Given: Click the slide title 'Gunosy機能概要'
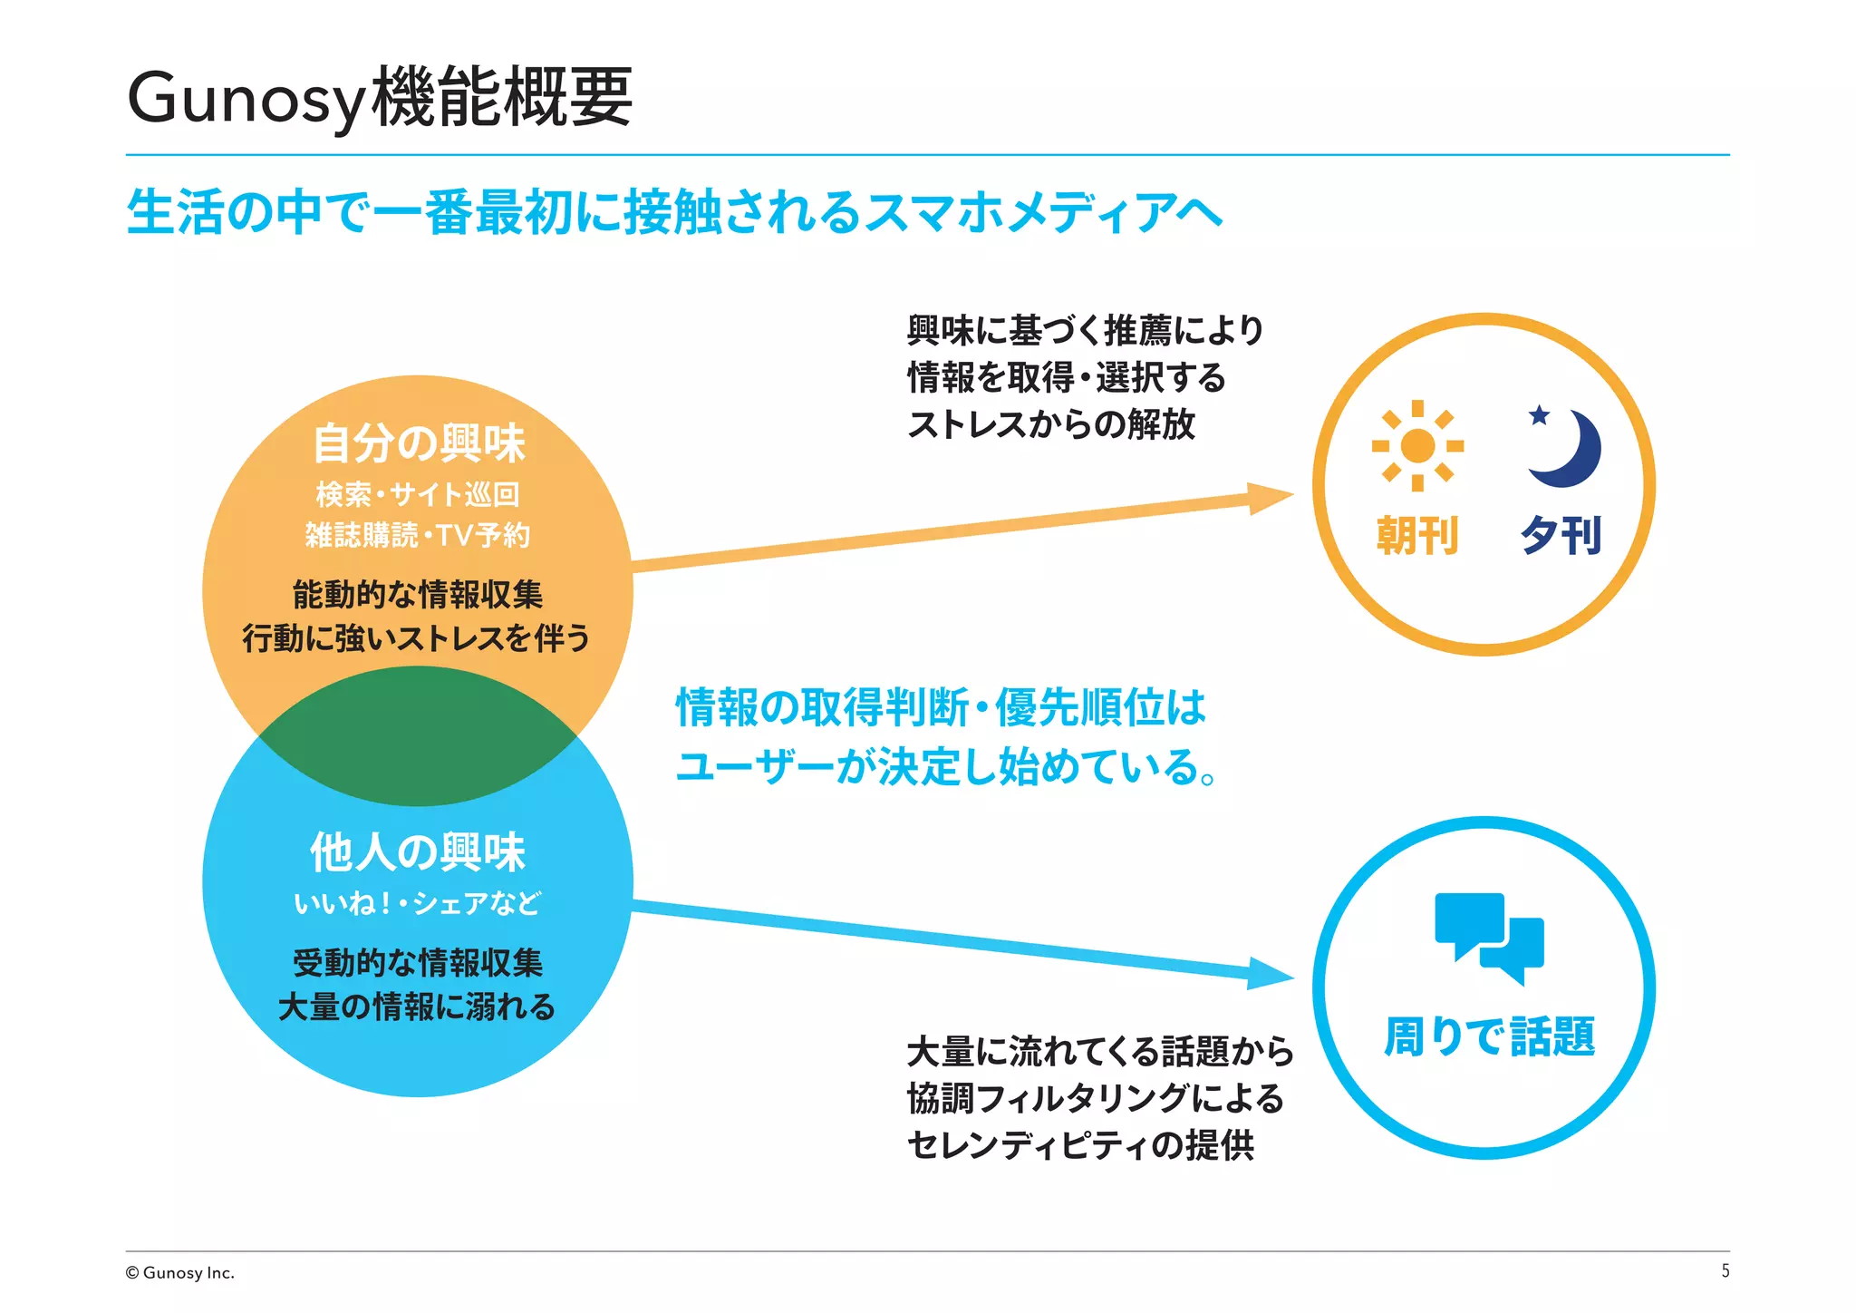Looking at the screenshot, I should click(x=379, y=98).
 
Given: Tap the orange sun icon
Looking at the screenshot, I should click(x=1417, y=445).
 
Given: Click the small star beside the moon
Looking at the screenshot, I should click(x=1539, y=415).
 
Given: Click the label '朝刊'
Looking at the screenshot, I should click(x=1417, y=535).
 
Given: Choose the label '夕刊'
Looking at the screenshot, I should click(x=1561, y=535).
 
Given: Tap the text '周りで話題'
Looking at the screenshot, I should click(x=1489, y=1036).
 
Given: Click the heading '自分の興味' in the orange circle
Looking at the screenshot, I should click(x=418, y=443).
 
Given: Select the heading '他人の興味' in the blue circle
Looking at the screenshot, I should click(x=418, y=852).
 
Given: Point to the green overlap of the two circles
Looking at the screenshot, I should click(x=418, y=736).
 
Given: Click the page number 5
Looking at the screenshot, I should click(x=1725, y=1271).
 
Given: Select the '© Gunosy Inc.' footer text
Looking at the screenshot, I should click(x=179, y=1273).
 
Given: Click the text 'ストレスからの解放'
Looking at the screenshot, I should click(x=1051, y=424).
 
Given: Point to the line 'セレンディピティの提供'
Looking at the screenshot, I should click(x=1080, y=1145).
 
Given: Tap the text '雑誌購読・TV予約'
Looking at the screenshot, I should click(x=418, y=535).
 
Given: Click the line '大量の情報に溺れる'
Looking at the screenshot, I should click(x=417, y=1007).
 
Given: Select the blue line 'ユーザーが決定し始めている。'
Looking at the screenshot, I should click(x=946, y=767).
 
